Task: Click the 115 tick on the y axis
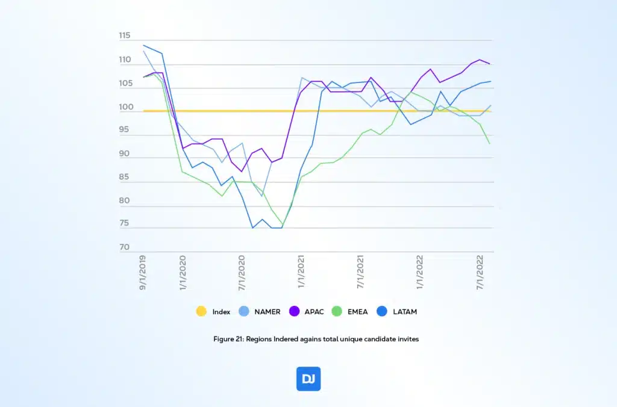click(125, 36)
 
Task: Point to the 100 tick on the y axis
click(125, 108)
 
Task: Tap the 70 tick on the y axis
click(125, 247)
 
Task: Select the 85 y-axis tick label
click(125, 178)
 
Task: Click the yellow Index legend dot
click(202, 312)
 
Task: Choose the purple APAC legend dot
click(295, 312)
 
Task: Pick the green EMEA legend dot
click(337, 312)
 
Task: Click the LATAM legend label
click(404, 312)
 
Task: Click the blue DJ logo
click(308, 379)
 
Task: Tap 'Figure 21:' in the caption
click(228, 339)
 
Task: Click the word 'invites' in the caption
click(407, 339)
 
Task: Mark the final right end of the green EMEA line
click(489, 143)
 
